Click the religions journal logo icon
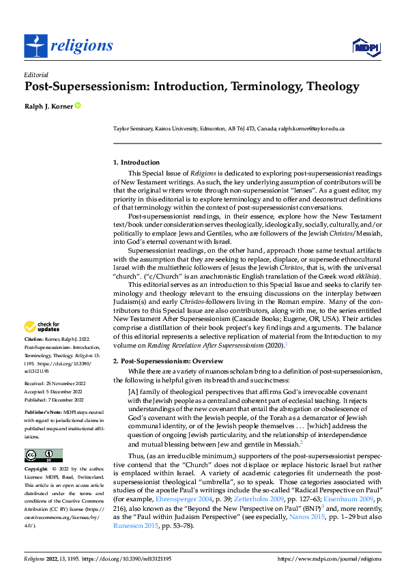(34, 45)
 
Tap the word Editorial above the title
(35, 74)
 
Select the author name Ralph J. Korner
(48, 106)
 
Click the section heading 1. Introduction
(136, 163)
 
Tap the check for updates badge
(42, 326)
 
